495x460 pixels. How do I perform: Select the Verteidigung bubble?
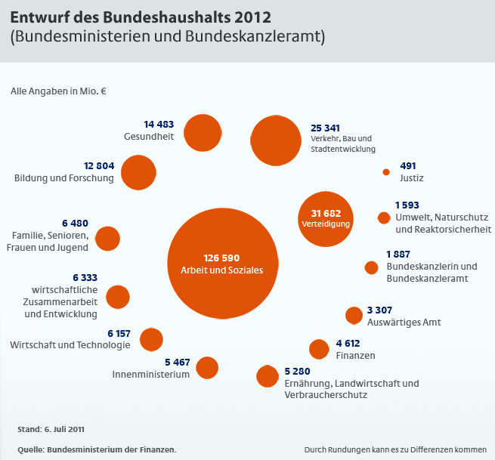pyautogui.click(x=326, y=218)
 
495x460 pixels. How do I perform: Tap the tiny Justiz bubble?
pyautogui.click(x=386, y=172)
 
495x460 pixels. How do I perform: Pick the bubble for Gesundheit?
pyautogui.click(x=202, y=133)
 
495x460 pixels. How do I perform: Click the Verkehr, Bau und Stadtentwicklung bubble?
pyautogui.click(x=277, y=140)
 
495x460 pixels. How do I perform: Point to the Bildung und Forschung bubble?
pyautogui.click(x=138, y=172)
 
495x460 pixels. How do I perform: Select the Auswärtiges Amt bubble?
pyautogui.click(x=354, y=316)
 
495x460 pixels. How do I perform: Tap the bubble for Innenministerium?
pyautogui.click(x=207, y=368)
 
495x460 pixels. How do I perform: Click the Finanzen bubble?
pyautogui.click(x=319, y=349)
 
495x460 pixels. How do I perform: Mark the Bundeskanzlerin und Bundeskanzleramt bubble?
pyautogui.click(x=371, y=267)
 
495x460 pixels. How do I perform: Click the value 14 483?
pyautogui.click(x=159, y=124)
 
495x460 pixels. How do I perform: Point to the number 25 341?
pyautogui.click(x=326, y=128)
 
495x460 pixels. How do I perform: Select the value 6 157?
pyautogui.click(x=119, y=333)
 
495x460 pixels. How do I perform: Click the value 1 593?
pyautogui.click(x=407, y=205)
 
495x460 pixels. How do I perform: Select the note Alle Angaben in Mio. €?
pyautogui.click(x=58, y=91)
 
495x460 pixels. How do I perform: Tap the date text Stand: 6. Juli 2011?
pyautogui.click(x=51, y=430)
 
